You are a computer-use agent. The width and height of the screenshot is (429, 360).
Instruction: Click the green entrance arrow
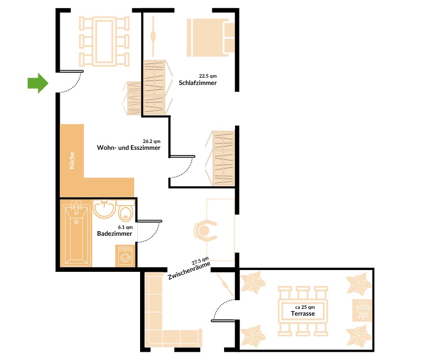(x=38, y=83)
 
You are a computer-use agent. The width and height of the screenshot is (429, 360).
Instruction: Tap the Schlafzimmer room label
(x=198, y=83)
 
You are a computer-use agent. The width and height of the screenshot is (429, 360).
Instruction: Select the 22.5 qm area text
(x=208, y=76)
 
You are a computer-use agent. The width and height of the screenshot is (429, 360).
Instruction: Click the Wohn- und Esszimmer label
(x=129, y=148)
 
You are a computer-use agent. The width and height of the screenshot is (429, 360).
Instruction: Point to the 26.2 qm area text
(x=152, y=141)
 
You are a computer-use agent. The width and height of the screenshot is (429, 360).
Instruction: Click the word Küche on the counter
(x=72, y=160)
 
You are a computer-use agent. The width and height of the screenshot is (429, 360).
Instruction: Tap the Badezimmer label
(x=115, y=234)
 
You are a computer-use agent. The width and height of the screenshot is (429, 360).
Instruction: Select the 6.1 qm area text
(x=125, y=227)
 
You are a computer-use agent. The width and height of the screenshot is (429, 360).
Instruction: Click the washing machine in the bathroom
(x=125, y=256)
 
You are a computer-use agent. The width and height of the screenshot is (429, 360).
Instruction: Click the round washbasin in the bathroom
(x=104, y=209)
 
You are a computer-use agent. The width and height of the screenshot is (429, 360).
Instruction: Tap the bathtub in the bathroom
(x=76, y=233)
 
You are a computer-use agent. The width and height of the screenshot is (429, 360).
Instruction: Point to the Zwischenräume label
(x=189, y=270)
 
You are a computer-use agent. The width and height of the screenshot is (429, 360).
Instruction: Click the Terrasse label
(x=303, y=314)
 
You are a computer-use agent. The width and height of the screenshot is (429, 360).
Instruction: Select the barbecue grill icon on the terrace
(x=362, y=310)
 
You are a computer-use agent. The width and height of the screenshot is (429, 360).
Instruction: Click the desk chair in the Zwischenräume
(x=205, y=231)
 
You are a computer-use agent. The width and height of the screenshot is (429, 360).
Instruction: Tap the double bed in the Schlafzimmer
(x=211, y=38)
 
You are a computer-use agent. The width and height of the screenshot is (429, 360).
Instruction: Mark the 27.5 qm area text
(x=200, y=261)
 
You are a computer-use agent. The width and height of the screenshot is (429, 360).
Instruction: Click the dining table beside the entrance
(x=104, y=42)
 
